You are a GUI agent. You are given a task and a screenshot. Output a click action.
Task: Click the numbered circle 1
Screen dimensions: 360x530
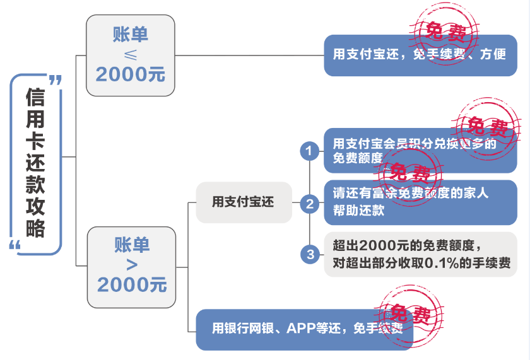(x=309, y=151)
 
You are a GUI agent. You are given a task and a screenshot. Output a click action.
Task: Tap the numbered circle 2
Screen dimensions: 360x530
(x=309, y=203)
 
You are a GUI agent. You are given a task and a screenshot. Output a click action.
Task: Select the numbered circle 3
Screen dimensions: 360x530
(x=309, y=254)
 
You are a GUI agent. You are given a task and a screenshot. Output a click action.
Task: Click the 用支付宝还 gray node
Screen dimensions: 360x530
(x=244, y=202)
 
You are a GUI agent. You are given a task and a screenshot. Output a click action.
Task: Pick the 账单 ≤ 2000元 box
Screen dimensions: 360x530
(x=130, y=55)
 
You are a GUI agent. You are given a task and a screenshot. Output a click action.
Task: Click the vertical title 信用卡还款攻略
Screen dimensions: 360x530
(x=35, y=163)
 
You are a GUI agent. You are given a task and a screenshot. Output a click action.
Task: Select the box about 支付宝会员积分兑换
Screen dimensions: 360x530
(x=420, y=151)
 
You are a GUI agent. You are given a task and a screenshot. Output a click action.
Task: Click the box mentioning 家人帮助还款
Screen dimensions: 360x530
(x=420, y=202)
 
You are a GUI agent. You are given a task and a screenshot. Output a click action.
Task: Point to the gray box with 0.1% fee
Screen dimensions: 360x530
(x=420, y=254)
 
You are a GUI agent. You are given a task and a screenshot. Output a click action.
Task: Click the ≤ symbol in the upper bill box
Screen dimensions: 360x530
(x=130, y=54)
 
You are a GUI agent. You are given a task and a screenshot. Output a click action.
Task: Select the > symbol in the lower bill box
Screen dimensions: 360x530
(x=131, y=264)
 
